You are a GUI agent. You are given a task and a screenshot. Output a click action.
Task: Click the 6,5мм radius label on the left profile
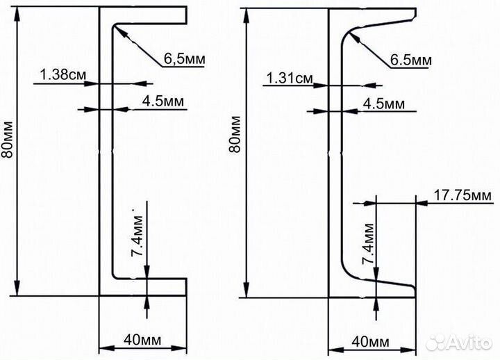184,58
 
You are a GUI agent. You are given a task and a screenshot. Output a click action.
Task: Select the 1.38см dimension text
62,74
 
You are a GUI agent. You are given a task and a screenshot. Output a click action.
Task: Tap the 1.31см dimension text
290,78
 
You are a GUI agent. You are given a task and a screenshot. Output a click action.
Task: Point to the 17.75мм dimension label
462,195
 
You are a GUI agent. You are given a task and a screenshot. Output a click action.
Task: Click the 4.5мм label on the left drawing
163,101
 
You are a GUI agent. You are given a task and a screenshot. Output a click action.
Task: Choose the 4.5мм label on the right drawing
383,104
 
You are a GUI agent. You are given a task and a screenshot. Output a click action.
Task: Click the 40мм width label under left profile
142,340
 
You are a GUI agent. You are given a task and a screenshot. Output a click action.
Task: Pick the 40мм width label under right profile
371,342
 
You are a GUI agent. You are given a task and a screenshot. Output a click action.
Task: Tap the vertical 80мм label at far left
8,139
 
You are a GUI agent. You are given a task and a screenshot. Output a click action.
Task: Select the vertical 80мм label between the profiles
235,134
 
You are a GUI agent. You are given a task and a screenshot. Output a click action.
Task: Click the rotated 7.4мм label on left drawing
137,236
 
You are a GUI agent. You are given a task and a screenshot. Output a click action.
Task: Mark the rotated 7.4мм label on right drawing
367,244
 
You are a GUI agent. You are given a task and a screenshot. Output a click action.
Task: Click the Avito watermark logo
459,342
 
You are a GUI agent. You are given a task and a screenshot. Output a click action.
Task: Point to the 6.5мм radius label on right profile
410,60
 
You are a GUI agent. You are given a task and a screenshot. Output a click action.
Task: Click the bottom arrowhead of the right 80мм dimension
246,290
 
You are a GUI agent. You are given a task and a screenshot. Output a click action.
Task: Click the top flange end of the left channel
186,15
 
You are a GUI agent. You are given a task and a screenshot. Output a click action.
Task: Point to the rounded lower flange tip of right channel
414,291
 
